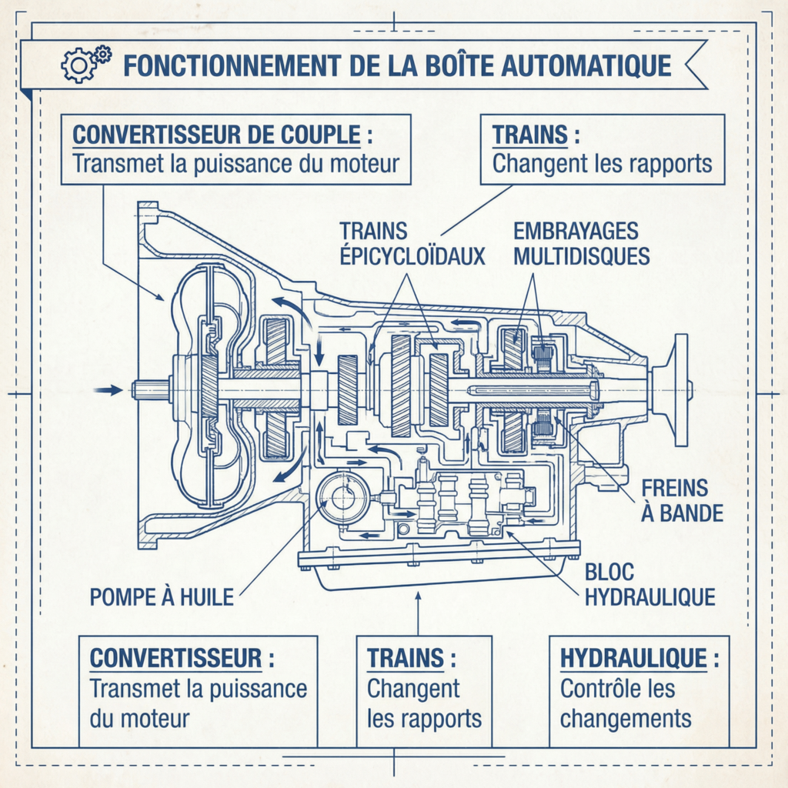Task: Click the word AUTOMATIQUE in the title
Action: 586,65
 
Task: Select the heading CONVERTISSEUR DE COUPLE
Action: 216,135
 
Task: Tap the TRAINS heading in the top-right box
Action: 529,135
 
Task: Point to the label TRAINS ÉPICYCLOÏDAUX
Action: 412,243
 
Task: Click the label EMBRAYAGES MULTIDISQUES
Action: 581,243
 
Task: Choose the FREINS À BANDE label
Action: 682,501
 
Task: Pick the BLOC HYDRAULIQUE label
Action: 650,585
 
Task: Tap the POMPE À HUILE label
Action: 162,597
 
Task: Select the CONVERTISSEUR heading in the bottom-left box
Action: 176,659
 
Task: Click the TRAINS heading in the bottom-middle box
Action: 406,659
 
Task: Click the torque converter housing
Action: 204,389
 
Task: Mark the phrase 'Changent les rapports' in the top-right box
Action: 602,164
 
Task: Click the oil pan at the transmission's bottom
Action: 439,568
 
